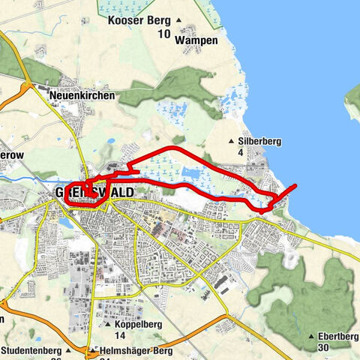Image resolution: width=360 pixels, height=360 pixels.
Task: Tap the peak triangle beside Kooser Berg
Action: point(178,20)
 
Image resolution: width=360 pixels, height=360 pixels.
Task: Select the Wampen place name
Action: point(199,40)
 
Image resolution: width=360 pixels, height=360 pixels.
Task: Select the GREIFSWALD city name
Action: point(95,193)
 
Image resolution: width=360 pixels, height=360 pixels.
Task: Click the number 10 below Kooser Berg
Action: point(163,34)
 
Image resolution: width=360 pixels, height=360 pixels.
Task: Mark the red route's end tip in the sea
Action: point(296,185)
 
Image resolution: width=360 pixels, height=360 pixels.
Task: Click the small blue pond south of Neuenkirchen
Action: point(111,140)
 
